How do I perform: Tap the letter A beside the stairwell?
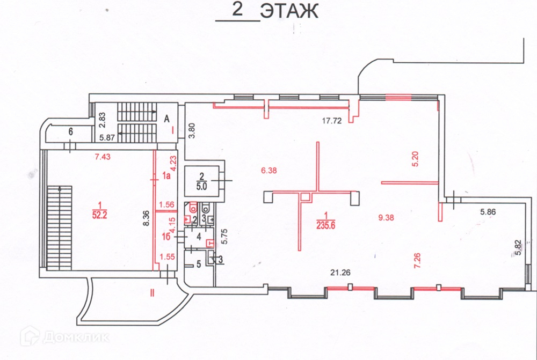click(x=167, y=119)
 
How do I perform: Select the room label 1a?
click(x=167, y=175)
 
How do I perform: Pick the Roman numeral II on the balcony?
click(x=151, y=292)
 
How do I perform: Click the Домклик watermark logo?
click(x=65, y=337)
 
